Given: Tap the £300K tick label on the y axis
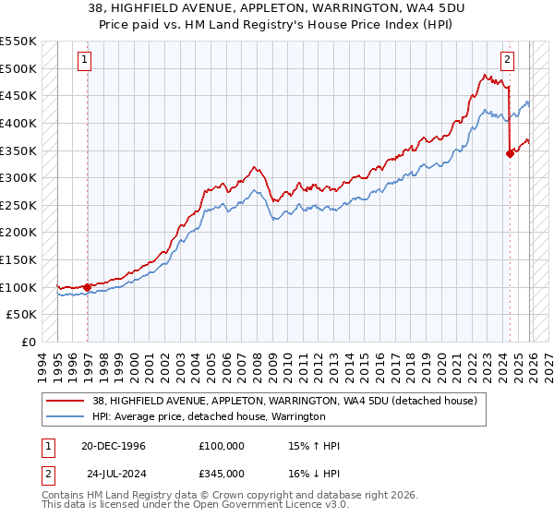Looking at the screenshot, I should (18, 177).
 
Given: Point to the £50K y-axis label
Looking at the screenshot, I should (21, 315).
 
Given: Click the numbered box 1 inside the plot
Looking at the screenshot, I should (85, 60).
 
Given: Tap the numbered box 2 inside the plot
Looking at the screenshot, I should (507, 60).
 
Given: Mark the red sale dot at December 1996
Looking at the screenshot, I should (88, 287).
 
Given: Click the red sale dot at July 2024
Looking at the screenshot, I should (510, 154).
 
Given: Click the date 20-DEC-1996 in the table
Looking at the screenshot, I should (114, 446).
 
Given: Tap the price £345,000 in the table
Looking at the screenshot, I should (221, 472).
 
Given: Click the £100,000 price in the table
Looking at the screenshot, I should (221, 446).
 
